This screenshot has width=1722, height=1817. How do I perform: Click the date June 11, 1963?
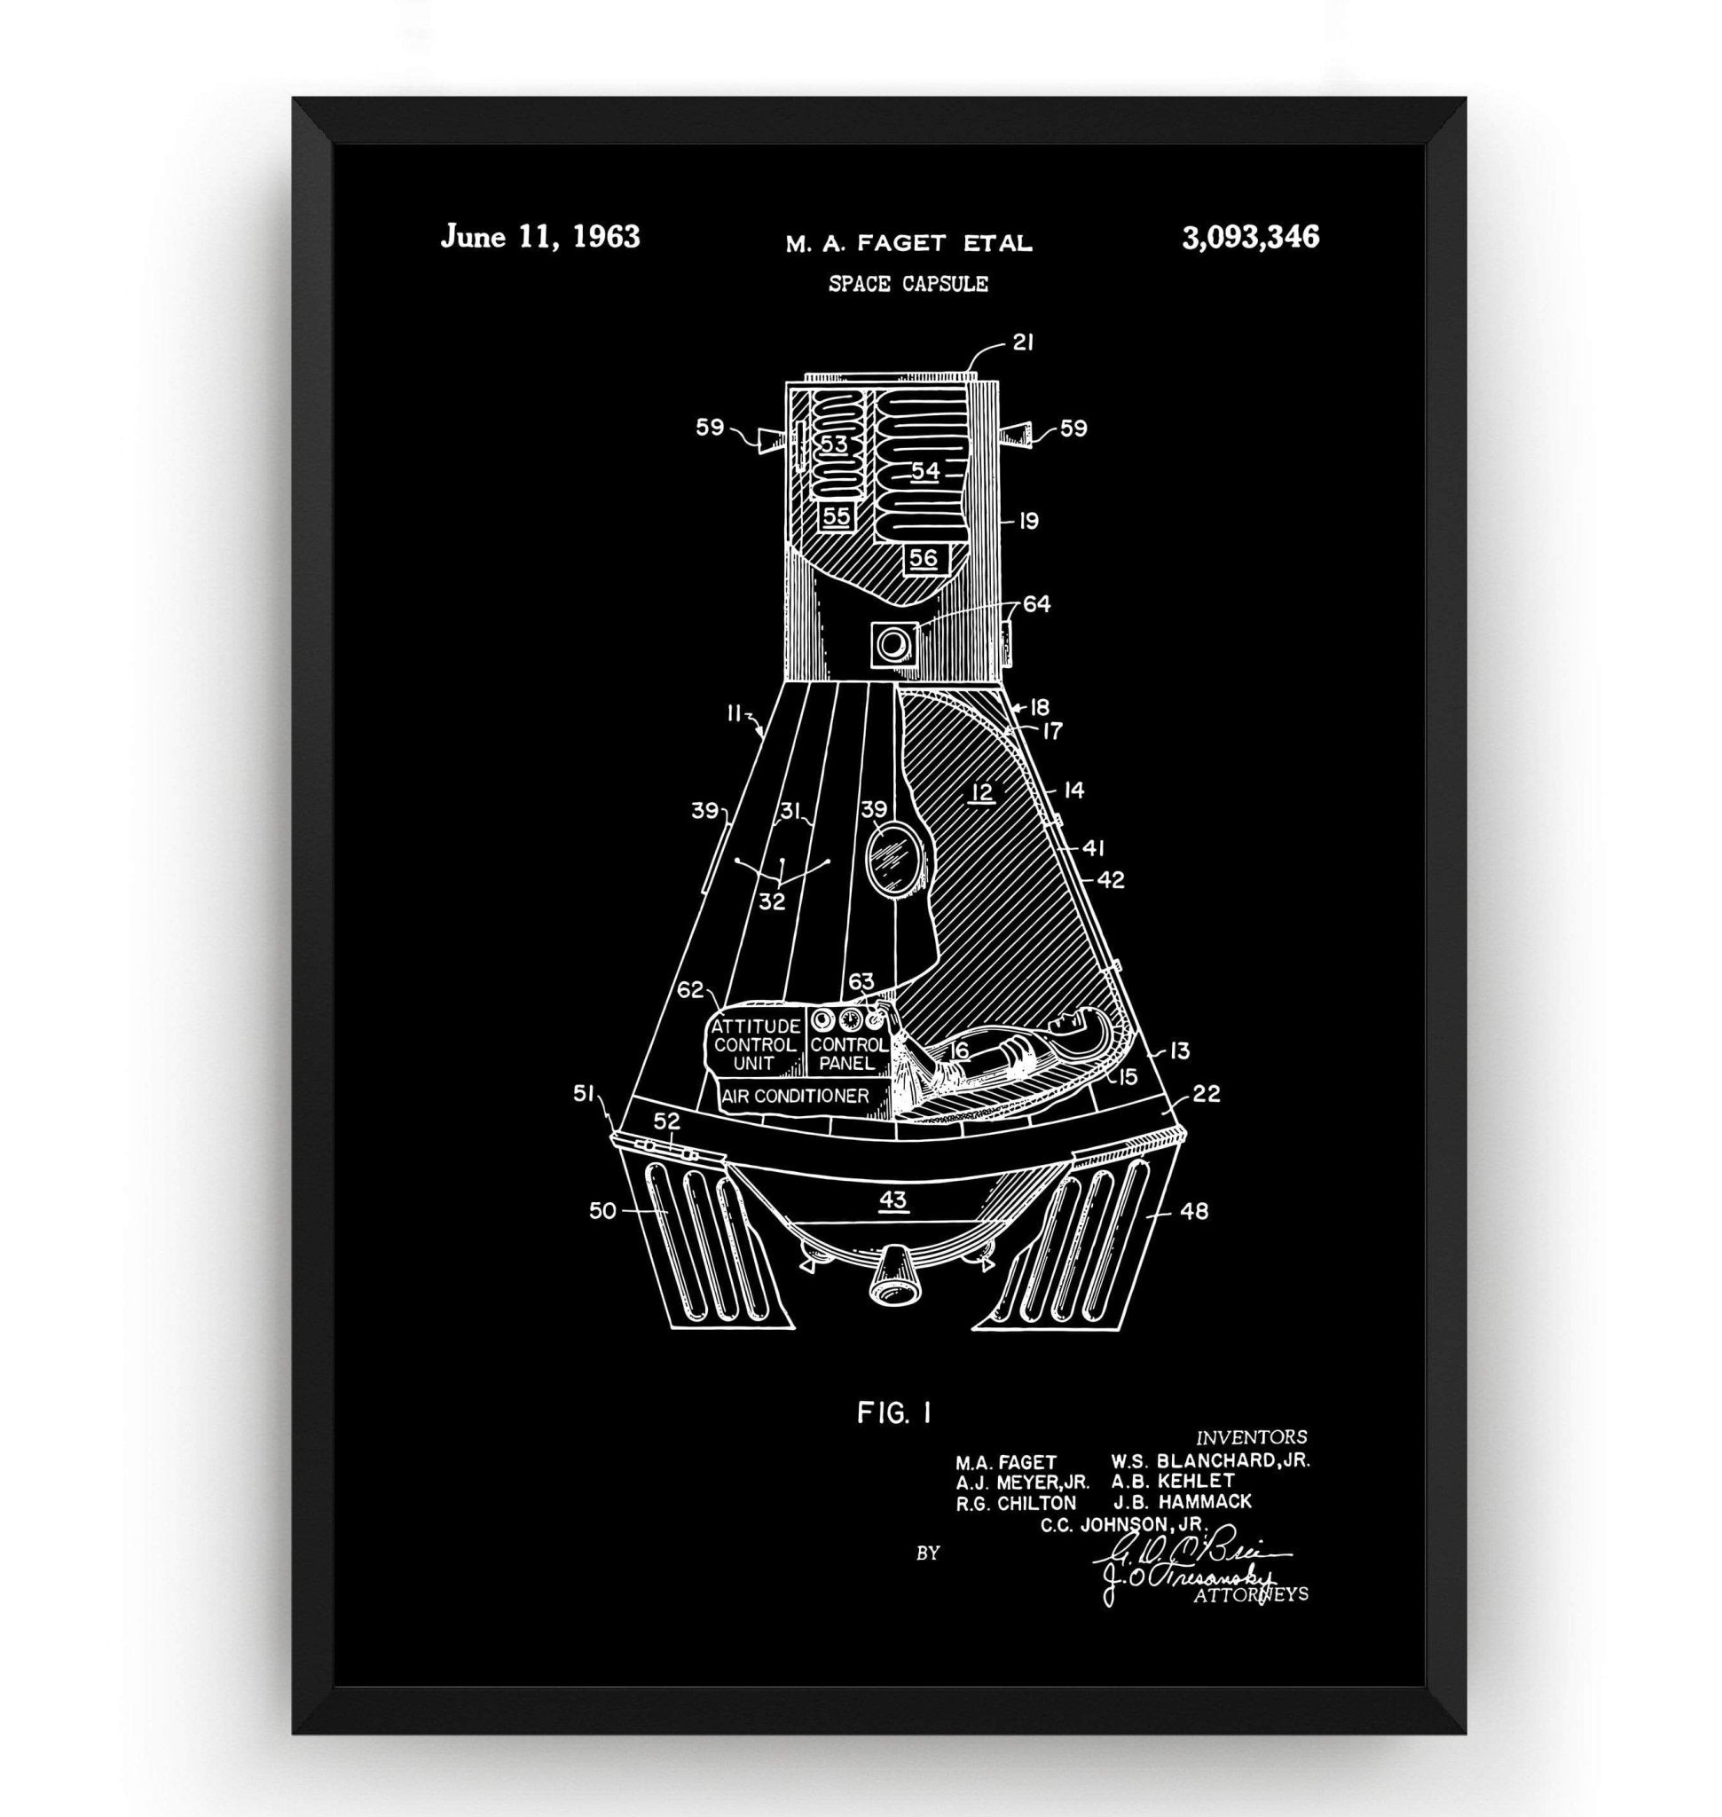click(539, 237)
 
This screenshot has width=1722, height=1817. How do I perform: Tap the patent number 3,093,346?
click(1250, 238)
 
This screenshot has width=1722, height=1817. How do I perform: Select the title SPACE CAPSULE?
click(908, 284)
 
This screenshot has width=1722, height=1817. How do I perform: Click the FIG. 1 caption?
click(894, 1413)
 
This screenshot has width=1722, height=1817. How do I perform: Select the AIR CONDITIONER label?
click(795, 1097)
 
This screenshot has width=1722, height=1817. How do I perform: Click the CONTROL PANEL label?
click(848, 1055)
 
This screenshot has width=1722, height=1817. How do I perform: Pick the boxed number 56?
click(924, 557)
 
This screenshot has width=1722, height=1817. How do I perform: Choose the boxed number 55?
click(837, 516)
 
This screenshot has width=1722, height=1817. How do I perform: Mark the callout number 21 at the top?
click(1024, 342)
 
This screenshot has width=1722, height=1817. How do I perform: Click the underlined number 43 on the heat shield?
click(893, 1200)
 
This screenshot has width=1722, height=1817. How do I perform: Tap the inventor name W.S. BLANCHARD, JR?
click(1210, 1460)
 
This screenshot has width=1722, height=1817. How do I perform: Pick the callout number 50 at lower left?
click(602, 1211)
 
